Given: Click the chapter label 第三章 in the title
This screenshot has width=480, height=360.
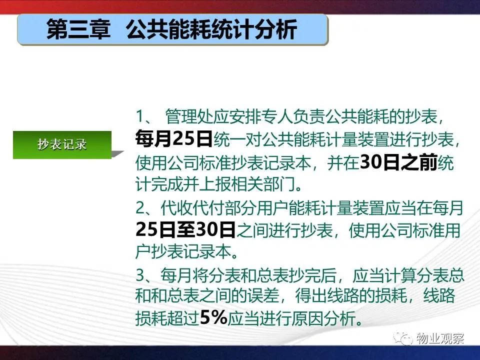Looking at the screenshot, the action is pos(78,29).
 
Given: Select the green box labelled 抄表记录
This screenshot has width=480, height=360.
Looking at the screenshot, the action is pos(62,145).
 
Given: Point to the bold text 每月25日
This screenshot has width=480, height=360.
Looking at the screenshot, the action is pos(174,138).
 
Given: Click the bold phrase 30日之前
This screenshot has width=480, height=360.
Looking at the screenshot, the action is pos(398,162).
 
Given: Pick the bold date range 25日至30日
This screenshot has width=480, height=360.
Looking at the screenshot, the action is pos(185,229).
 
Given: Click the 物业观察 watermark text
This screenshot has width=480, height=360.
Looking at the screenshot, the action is pos(440,338).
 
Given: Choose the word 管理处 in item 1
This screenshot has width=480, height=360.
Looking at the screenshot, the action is pos(189,116).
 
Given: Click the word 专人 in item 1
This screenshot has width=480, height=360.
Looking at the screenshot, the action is pos(276,116).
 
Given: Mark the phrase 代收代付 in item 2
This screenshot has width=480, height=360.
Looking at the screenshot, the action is pos(192,208).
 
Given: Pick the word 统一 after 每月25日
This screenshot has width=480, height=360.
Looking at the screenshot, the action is pos(229,139).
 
